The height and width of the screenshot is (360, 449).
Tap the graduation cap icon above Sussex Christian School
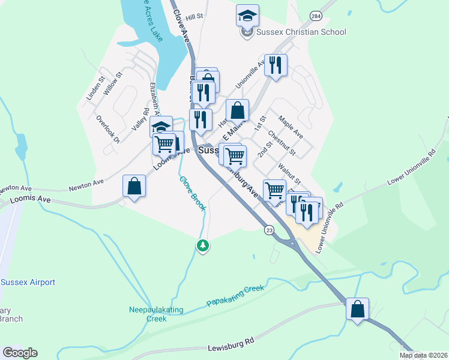pos(247,16)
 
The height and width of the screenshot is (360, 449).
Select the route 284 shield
pos(316,15)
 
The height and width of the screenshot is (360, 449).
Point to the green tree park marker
pos(203,245)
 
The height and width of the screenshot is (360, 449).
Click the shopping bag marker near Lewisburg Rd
pos(358,310)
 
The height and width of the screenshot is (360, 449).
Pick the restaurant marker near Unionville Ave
pos(276,65)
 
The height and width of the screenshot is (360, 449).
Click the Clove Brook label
pos(193,193)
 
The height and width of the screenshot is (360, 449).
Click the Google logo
pos(20,353)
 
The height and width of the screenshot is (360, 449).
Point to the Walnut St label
pos(289,173)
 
